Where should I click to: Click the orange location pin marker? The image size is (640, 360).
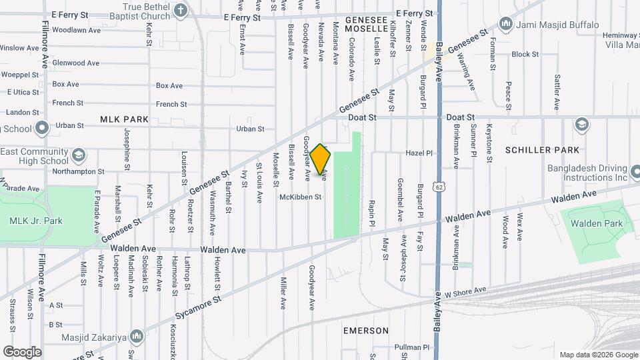point(321,160)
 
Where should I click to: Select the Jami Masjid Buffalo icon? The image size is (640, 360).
point(505,25)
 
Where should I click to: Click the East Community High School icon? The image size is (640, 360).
point(78,156)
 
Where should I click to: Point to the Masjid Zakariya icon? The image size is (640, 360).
point(137,335)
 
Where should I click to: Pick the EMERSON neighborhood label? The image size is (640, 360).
point(366,331)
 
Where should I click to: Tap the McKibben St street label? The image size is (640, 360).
point(300,197)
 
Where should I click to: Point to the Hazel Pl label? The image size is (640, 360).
point(419,153)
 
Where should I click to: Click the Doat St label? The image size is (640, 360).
point(363,117)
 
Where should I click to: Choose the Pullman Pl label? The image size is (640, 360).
point(411,347)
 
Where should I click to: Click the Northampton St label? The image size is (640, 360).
point(78,171)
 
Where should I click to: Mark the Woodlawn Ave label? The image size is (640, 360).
point(76,30)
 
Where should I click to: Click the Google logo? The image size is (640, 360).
point(22,351)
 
